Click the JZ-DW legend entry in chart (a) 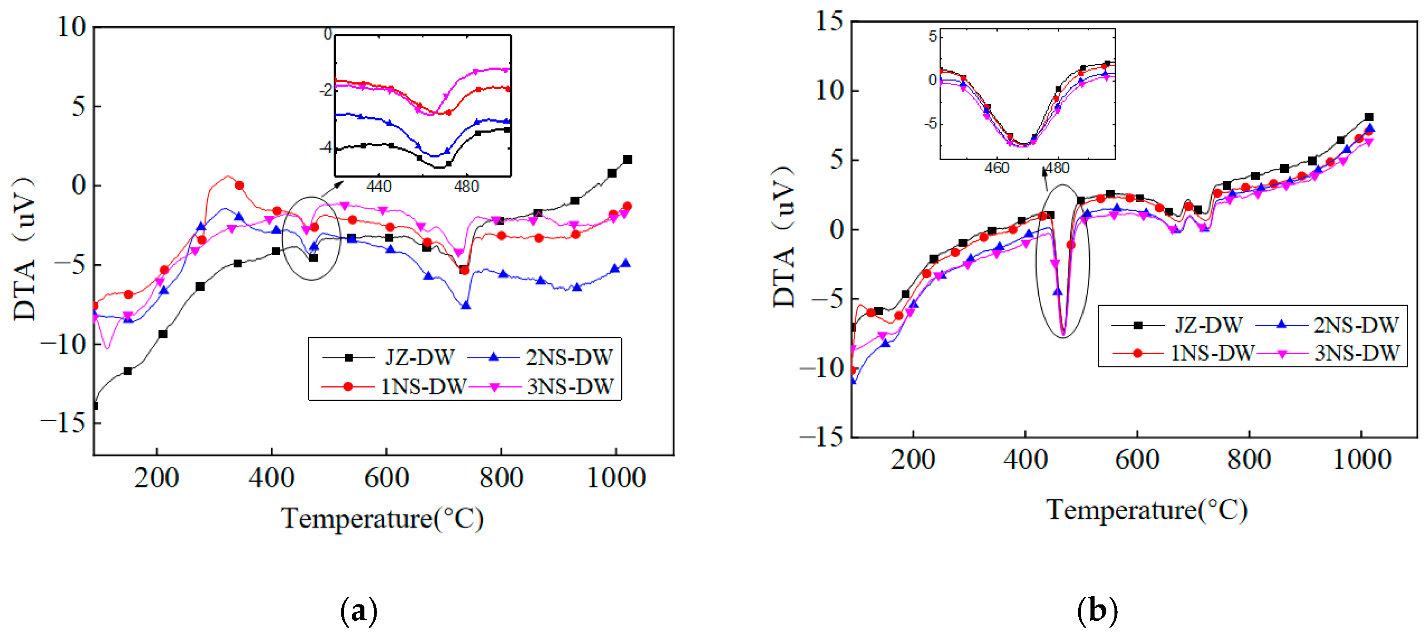419,358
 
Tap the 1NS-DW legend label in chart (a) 423,386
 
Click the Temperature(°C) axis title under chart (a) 382,518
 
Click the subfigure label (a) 359,611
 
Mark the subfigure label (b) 1097,611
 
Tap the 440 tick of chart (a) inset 379,186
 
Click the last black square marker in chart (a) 627,160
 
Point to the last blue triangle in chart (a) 626,263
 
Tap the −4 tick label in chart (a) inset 326,147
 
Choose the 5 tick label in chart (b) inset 932,37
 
